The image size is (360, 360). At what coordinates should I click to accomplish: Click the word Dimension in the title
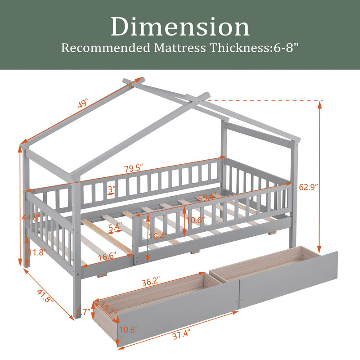coord(180,27)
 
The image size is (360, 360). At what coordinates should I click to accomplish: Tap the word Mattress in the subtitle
coord(180,48)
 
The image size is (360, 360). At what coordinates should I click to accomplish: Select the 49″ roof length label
coord(83,103)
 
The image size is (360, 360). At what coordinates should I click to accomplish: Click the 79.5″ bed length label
coord(134,168)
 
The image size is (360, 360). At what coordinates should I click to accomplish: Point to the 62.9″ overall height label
coord(308,187)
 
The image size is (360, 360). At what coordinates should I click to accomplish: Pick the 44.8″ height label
coord(31,217)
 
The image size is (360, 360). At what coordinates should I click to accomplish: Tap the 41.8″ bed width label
coord(45,296)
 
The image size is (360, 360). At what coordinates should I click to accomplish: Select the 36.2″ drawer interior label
coord(151,282)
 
